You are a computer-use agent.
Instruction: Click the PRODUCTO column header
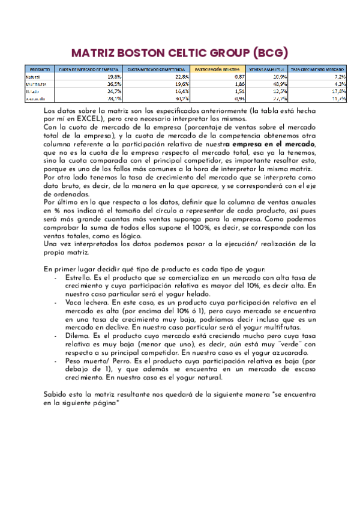40,69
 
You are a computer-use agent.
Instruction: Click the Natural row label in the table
32,77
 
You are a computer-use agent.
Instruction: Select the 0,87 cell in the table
239,77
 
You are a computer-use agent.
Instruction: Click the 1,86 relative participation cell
239,84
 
